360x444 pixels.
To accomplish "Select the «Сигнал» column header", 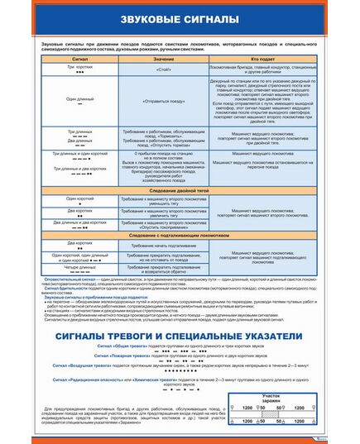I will coord(81,60).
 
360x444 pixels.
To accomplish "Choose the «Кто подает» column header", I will coord(262,60).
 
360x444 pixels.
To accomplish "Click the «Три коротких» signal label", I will coord(81,67).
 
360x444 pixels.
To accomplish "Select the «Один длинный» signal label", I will coord(81,98).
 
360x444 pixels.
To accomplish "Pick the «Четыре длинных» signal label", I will coord(81,266).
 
